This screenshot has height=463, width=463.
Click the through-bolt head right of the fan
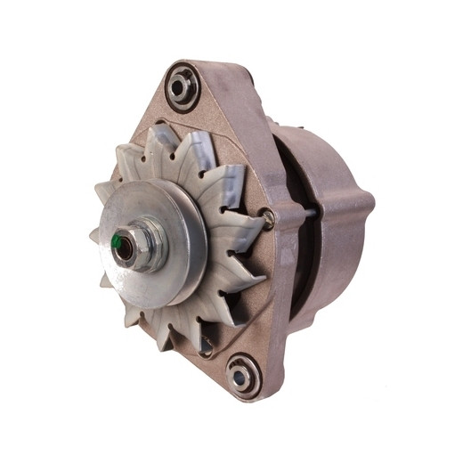[x=268, y=214]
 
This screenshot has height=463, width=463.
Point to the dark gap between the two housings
[x=285, y=267]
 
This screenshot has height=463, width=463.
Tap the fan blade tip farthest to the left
[x=95, y=236]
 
